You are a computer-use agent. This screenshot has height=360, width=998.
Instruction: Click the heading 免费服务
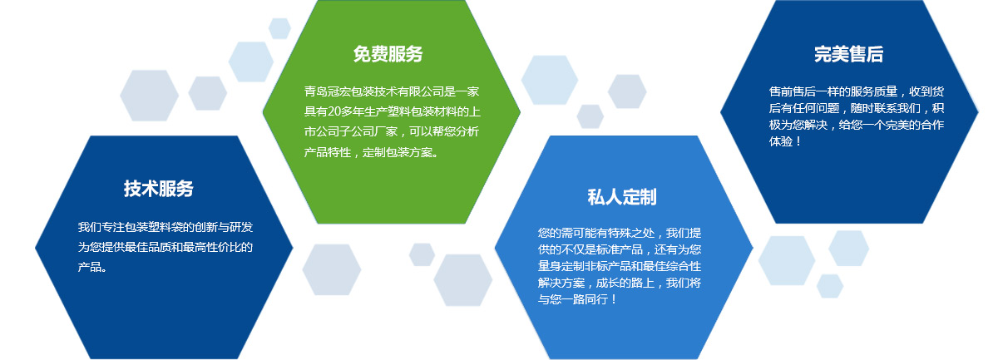[x=388, y=54]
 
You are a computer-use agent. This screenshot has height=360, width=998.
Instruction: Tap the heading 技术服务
[x=159, y=189]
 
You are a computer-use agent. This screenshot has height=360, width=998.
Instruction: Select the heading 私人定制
[x=622, y=197]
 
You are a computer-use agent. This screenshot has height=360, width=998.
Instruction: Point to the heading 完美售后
[x=849, y=54]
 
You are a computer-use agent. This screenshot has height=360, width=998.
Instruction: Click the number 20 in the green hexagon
[x=333, y=111]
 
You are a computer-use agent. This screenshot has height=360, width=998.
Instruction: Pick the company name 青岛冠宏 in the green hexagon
[x=328, y=91]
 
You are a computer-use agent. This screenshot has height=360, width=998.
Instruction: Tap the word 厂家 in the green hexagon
[x=386, y=131]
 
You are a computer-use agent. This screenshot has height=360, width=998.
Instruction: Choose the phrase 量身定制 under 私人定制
[x=561, y=266]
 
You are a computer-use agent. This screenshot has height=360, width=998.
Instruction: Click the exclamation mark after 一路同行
[x=614, y=299]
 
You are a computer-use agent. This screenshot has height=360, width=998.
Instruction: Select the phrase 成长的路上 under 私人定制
[x=625, y=283]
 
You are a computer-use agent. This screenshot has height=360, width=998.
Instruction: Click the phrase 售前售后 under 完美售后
[x=792, y=91]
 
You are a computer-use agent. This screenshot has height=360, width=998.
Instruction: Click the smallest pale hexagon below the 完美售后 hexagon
[x=830, y=286]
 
